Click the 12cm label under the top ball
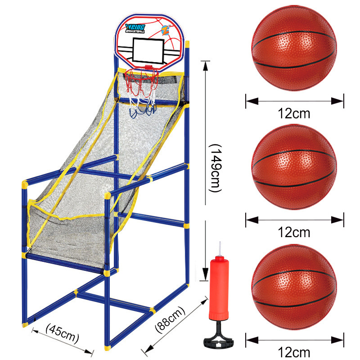(x=294, y=113)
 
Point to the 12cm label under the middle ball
(x=294, y=232)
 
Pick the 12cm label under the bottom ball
(x=294, y=351)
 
